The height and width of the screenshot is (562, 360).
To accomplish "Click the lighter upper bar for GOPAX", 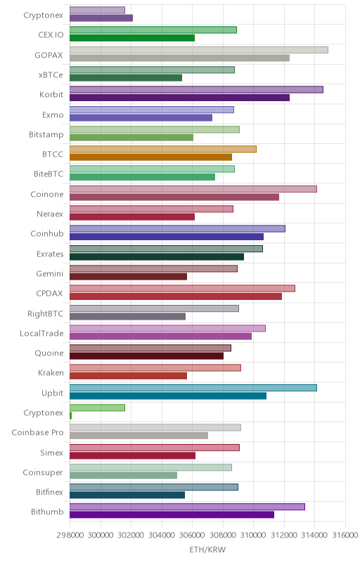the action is tap(199, 50).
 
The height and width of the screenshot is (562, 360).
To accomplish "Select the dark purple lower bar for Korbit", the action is tap(179, 98).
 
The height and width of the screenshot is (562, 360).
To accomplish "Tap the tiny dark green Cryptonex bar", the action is tap(70, 416).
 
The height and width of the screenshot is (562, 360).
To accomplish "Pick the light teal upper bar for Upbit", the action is tap(193, 388).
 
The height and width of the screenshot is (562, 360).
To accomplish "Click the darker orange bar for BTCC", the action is tap(150, 157).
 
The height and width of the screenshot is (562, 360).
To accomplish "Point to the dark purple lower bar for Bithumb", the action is tap(172, 515).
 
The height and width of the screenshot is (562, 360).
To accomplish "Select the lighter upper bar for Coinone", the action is tap(193, 189).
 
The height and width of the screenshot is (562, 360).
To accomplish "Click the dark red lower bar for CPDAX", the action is tap(176, 296).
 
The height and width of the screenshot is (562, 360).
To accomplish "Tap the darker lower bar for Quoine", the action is tap(146, 356).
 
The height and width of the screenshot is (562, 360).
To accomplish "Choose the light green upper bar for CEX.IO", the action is tap(153, 30).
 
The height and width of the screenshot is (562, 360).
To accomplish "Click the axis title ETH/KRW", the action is tap(207, 549).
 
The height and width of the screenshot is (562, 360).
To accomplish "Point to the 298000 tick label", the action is tap(70, 535).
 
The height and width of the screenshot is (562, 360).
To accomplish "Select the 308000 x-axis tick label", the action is tap(223, 535).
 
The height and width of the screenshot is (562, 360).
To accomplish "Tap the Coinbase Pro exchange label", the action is tap(37, 433).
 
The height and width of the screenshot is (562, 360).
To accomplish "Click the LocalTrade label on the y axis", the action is tap(41, 333).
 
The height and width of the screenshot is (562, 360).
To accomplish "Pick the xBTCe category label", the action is tap(51, 75).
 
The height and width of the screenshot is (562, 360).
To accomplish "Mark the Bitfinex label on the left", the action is tap(49, 492).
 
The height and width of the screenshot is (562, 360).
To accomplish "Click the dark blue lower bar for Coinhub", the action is tap(167, 237).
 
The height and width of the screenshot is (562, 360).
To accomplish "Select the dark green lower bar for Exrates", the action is tap(157, 256).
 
